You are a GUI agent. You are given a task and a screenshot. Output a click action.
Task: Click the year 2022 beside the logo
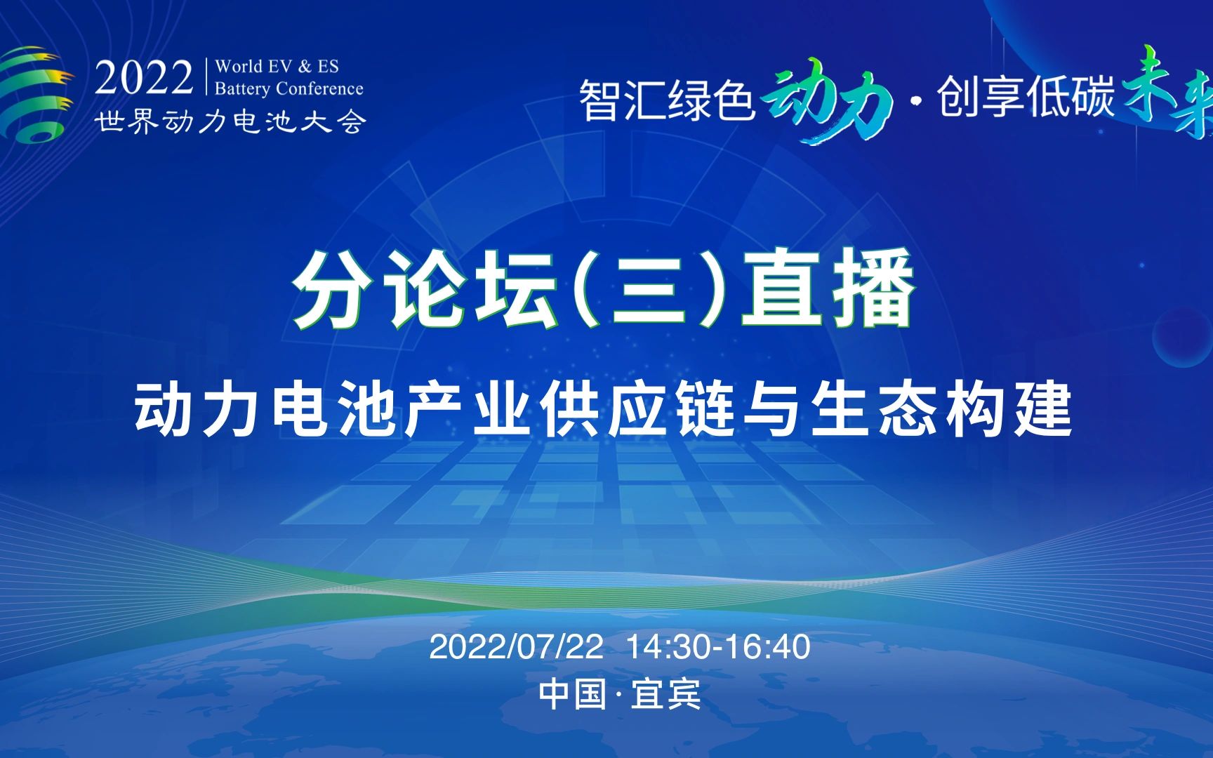(144, 78)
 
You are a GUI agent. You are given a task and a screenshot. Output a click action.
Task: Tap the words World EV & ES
(277, 67)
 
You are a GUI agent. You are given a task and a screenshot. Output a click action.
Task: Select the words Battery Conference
(289, 88)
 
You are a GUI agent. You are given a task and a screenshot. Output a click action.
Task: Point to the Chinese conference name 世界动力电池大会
(231, 121)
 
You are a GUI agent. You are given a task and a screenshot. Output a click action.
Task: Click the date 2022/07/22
(516, 646)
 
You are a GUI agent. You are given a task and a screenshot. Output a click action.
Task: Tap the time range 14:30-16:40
(717, 646)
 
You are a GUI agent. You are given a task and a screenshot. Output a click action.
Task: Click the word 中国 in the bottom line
(573, 694)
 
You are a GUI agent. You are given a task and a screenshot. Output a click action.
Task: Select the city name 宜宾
(665, 694)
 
